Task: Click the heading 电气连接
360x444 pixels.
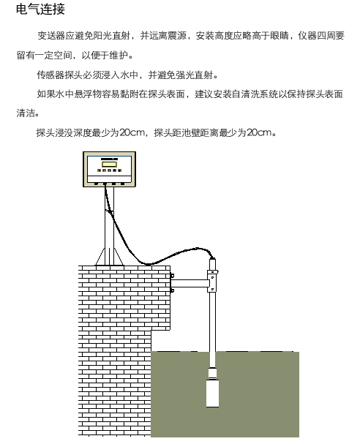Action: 40,9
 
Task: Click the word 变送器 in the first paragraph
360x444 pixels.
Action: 51,36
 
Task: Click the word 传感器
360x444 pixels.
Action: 50,75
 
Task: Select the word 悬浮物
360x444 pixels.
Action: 88,94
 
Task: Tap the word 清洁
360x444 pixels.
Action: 26,113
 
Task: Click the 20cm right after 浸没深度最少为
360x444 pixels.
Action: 132,132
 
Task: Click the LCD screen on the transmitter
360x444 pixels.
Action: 109,165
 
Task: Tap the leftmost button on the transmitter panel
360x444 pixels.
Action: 99,170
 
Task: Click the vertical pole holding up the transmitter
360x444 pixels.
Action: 109,226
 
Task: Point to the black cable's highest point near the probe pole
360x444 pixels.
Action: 198,249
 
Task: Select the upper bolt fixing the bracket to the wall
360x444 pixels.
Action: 172,276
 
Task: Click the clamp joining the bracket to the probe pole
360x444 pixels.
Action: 212,281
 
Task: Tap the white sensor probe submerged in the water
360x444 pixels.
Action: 212,388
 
